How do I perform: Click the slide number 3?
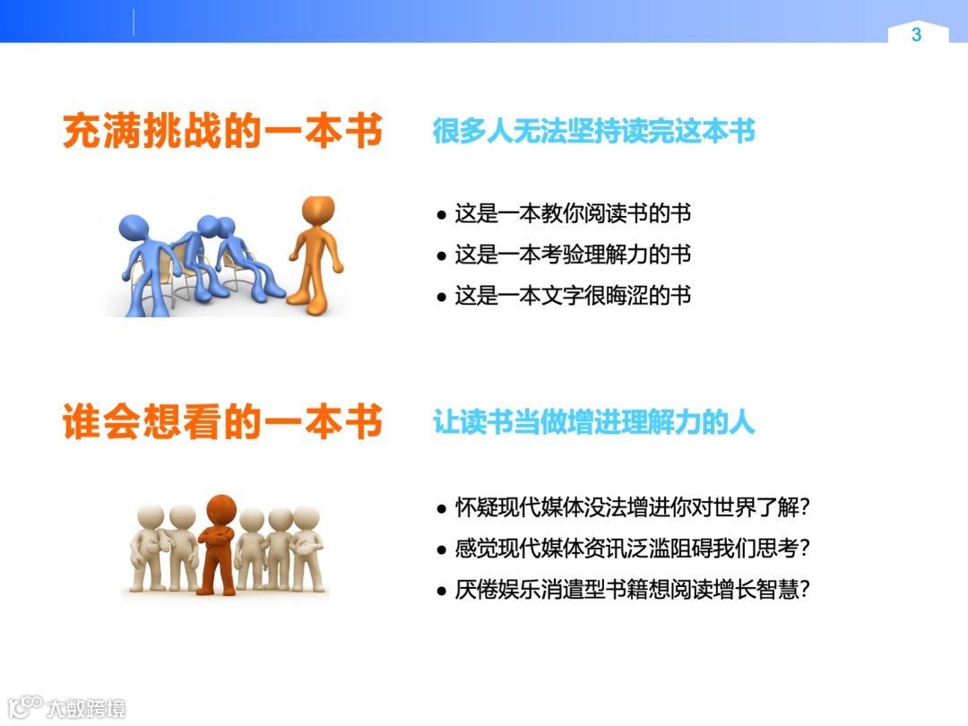coord(916,35)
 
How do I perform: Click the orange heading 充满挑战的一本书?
coord(222,132)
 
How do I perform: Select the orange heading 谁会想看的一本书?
coord(222,422)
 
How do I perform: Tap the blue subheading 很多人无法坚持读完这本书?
coord(593,132)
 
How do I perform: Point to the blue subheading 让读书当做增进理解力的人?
coord(593,422)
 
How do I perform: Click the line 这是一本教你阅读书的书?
coord(573,214)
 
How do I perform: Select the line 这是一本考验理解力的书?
coord(573,255)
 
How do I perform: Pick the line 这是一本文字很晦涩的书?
coord(573,296)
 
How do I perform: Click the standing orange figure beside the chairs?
coord(315,260)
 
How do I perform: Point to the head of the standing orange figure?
coord(318,211)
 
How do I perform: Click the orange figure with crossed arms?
coord(219,547)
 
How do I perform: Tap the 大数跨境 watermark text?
coord(86,707)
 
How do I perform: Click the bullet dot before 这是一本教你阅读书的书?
coord(441,215)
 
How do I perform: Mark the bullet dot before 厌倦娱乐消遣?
coord(441,591)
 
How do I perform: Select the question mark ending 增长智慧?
coord(803,590)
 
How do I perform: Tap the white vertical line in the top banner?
coord(134,22)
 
